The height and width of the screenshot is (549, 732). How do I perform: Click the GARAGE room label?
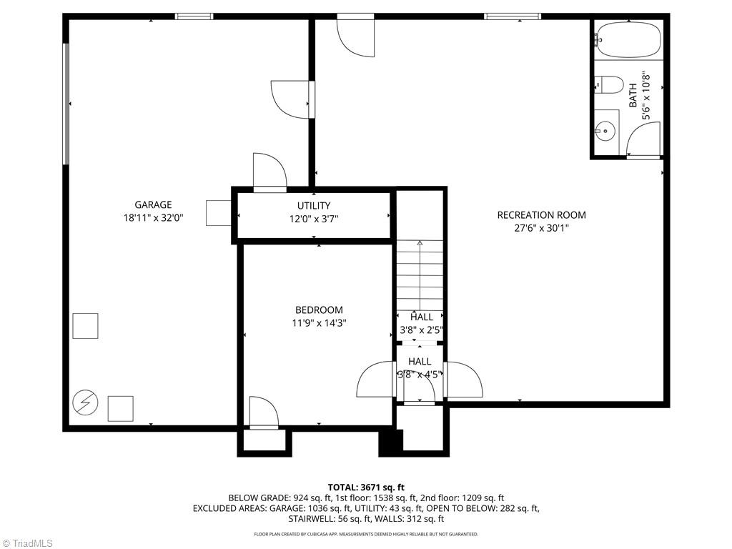coord(153,205)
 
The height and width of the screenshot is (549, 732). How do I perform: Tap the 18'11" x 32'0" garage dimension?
coord(153,219)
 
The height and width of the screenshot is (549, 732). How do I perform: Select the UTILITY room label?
coord(314,206)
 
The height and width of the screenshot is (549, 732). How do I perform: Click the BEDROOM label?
coord(319,310)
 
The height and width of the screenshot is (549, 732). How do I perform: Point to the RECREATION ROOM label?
coord(541,214)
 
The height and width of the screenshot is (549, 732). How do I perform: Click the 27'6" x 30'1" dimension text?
coord(541,228)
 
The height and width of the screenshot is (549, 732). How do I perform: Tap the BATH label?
coord(633,96)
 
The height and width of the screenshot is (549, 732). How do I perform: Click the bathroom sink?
coord(606,130)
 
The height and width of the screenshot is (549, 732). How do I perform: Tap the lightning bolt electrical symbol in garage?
coord(85,402)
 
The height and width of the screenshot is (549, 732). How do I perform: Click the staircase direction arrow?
coord(420,244)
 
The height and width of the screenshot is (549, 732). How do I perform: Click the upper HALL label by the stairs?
coord(421,317)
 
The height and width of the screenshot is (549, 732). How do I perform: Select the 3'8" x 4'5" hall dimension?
coord(420,374)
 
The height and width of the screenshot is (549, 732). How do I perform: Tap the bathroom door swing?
coord(645,139)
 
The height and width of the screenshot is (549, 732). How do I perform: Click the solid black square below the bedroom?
coord(391,441)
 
